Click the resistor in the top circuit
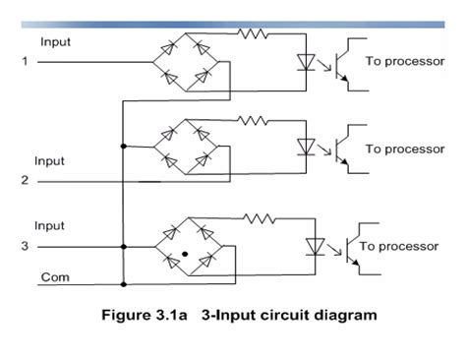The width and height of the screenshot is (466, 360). pos(255,34)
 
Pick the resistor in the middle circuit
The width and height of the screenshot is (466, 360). pos(255,120)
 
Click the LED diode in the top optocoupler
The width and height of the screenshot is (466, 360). pos(306,62)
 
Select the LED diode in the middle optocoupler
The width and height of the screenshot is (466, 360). pos(306,147)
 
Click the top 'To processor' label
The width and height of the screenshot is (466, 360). pos(405,61)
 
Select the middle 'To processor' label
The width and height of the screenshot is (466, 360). pos(405,149)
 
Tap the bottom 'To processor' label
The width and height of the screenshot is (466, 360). pos(398,246)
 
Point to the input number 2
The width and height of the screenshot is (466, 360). pos(25,180)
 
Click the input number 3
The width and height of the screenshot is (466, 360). pos(25,246)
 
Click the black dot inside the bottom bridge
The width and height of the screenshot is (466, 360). pos(184,255)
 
